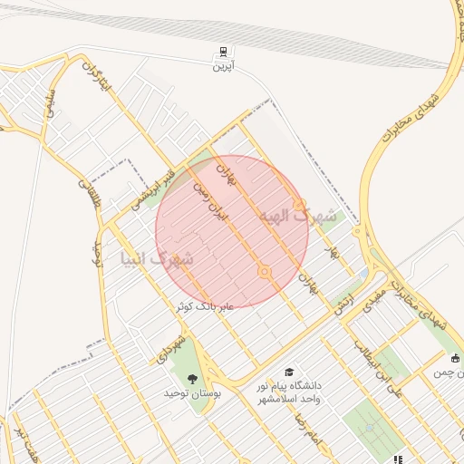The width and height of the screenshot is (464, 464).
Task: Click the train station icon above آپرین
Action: coord(222,52)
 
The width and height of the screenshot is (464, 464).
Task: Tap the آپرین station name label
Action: coord(223,67)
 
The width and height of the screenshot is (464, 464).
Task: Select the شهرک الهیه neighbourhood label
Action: coord(298,217)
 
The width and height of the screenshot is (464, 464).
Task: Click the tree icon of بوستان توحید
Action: coord(191,379)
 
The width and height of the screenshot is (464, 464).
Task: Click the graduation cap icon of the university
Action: coord(289,372)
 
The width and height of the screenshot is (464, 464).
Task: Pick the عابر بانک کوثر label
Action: coord(206,306)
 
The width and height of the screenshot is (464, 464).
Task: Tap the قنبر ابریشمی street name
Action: coord(159,181)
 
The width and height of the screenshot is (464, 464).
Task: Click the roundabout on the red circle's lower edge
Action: coord(264,271)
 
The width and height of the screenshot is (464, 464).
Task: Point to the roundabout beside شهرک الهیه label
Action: coord(299,205)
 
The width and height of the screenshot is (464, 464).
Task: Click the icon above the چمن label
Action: coord(455,360)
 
